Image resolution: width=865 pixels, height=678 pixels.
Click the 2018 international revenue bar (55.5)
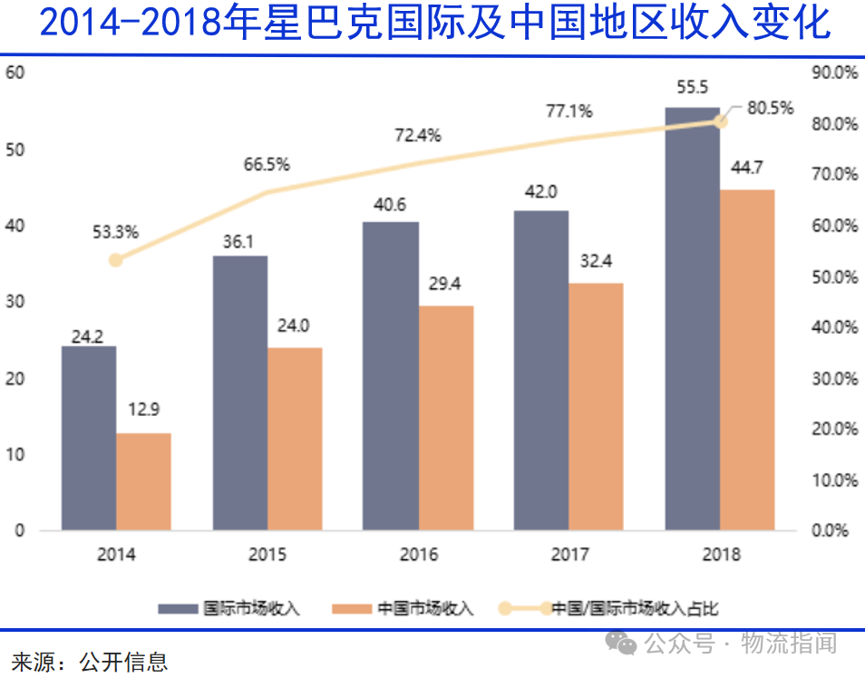692,317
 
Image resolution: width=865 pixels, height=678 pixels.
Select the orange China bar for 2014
143,481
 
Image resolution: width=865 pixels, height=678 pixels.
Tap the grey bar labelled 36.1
239,392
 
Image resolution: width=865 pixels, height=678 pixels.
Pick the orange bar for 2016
445,417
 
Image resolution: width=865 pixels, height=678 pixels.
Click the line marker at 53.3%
115,260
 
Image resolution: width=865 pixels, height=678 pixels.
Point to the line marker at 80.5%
721,121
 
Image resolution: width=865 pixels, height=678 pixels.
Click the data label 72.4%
417,136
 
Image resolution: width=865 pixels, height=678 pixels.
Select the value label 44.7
747,168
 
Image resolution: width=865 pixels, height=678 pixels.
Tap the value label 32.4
596,262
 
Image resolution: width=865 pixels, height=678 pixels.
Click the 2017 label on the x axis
569,555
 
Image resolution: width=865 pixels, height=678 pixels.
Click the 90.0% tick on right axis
834,73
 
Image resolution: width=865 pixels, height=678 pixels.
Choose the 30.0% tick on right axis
834,378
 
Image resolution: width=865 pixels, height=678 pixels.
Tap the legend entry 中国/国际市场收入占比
635,608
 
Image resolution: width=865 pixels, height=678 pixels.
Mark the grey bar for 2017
541,370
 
